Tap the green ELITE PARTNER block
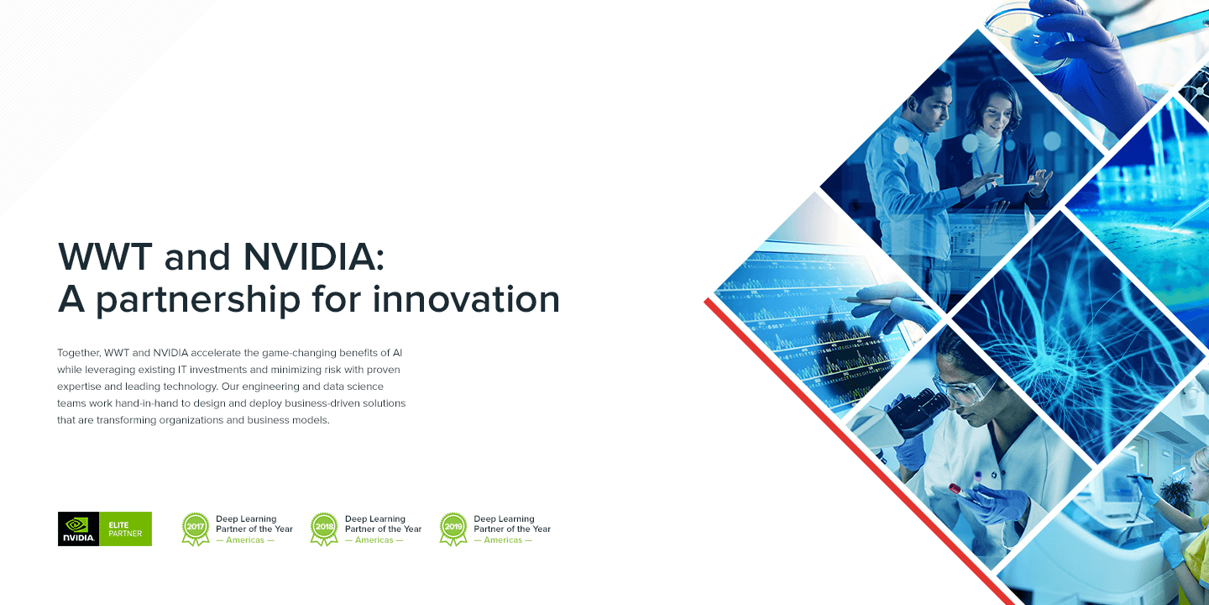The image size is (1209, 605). [125, 529]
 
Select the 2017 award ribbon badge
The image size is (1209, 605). [196, 529]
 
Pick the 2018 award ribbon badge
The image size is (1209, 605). [324, 529]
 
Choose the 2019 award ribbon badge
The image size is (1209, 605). [453, 529]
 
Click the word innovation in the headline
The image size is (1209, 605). [466, 299]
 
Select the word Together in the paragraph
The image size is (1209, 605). [79, 353]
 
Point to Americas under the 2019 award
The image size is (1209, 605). [503, 540]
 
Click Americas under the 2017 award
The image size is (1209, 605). [245, 540]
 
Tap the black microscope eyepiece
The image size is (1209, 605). [918, 413]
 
